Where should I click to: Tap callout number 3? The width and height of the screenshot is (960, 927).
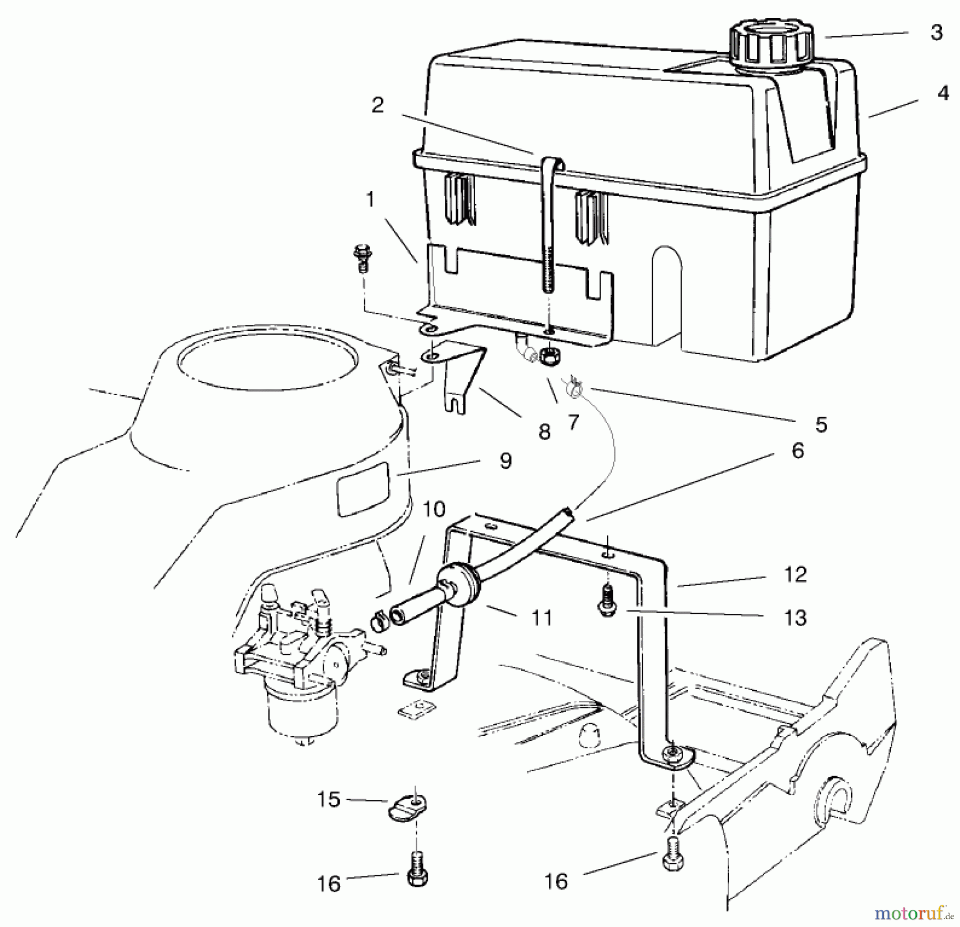tap(937, 33)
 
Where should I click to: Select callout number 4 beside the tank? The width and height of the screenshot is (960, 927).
tap(943, 93)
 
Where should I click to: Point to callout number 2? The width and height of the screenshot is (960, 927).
tap(378, 105)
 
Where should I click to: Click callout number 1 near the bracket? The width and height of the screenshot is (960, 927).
tap(370, 200)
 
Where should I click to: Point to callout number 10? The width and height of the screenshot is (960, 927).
tap(435, 509)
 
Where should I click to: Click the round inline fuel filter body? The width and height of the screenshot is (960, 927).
tap(460, 585)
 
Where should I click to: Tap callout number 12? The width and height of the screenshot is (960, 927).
tap(795, 574)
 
